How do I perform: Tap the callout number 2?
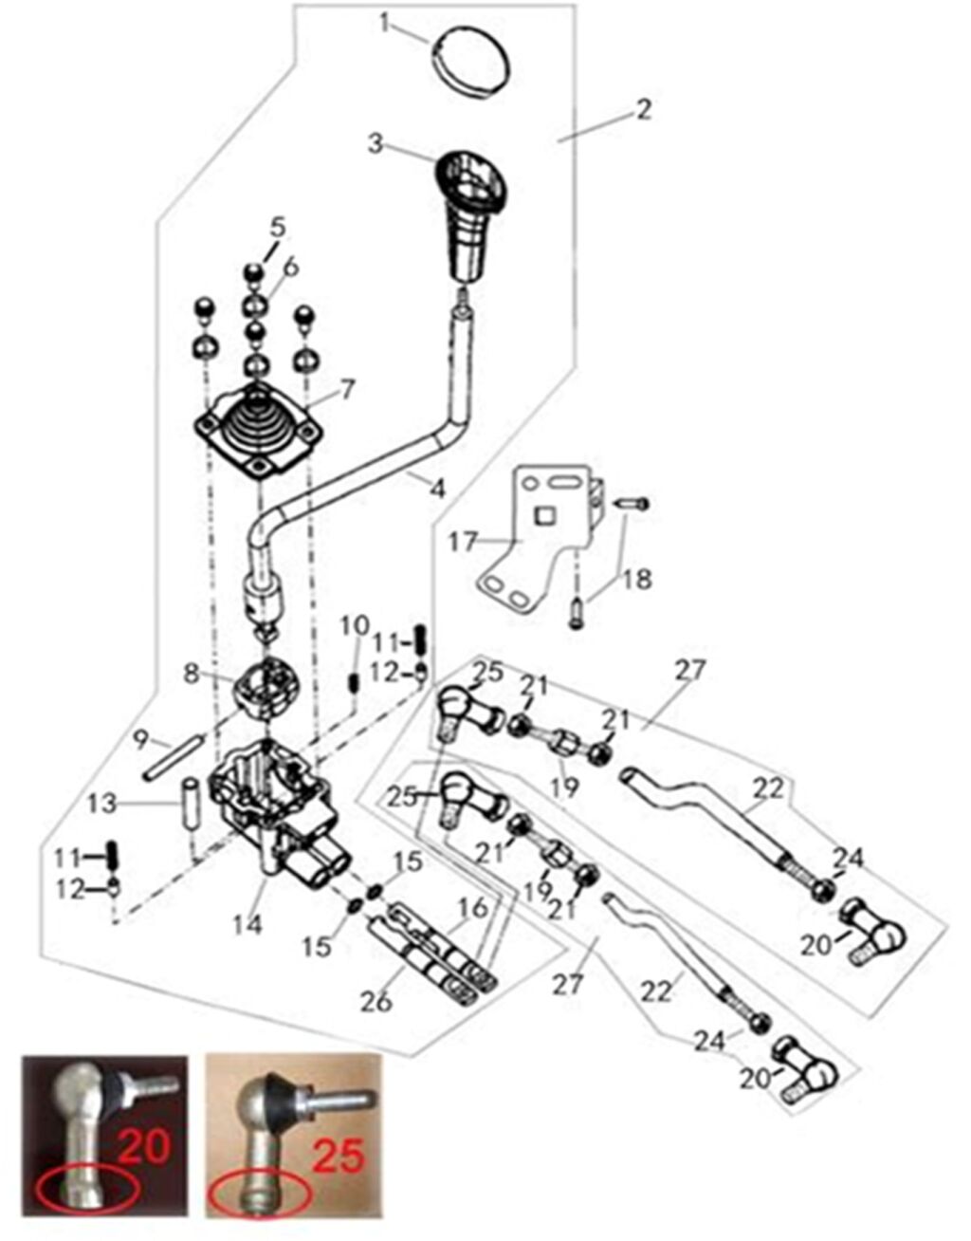click(x=643, y=110)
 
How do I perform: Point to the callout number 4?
click(x=437, y=489)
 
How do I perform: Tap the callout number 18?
click(x=638, y=578)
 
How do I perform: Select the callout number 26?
click(x=376, y=1001)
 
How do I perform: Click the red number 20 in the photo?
click(x=143, y=1145)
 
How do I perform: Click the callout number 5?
click(x=277, y=228)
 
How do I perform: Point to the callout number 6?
click(x=290, y=267)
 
